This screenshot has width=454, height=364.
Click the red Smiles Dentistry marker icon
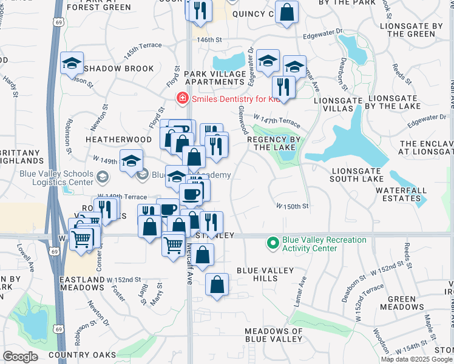click(x=181, y=98)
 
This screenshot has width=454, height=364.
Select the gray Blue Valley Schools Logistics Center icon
click(x=102, y=178)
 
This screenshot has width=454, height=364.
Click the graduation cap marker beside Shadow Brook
click(x=72, y=63)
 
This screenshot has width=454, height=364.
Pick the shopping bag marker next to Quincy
click(x=286, y=12)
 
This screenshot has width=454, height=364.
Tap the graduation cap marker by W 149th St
click(x=131, y=161)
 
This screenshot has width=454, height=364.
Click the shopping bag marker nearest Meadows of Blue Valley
click(x=217, y=284)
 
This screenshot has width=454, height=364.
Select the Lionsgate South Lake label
click(x=357, y=174)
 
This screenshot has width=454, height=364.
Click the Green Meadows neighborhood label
click(x=402, y=303)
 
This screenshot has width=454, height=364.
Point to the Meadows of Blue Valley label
click(x=273, y=335)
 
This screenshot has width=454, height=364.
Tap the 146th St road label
click(x=206, y=39)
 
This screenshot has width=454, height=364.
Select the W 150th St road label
click(x=293, y=206)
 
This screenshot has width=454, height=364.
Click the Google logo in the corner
click(x=20, y=357)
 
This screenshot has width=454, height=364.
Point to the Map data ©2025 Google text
click(x=416, y=359)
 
